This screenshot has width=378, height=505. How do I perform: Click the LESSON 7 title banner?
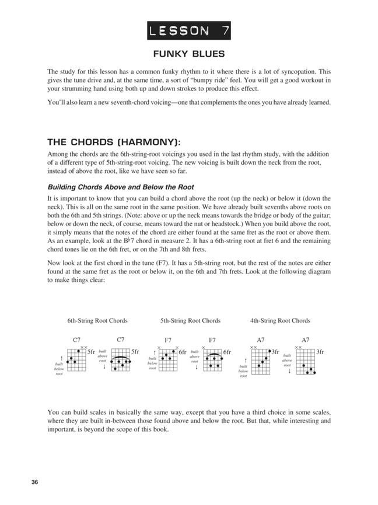188,30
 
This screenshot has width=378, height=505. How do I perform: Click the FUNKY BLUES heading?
188,54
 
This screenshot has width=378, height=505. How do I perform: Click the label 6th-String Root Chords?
97,320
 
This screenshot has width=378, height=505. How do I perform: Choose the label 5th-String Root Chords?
190,320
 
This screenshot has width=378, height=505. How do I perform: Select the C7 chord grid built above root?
121,360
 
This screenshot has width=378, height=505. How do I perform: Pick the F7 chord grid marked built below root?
168,360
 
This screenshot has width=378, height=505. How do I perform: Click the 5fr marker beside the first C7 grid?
92,352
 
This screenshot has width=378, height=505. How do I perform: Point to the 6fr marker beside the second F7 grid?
228,352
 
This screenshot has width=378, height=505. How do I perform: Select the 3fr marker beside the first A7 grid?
276,352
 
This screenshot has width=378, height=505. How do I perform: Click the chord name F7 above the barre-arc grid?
212,340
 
